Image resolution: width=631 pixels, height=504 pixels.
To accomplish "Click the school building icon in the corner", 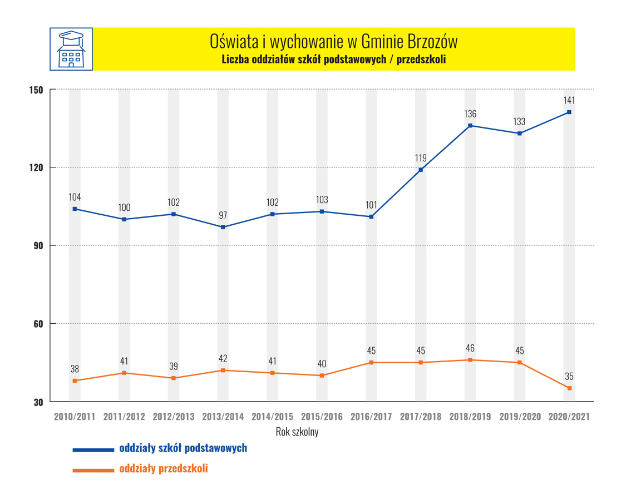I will tap(71, 49).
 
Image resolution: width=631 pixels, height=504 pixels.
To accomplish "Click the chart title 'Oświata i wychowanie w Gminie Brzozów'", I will tap(334, 41).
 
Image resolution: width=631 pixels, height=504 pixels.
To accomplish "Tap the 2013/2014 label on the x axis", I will tap(223, 417).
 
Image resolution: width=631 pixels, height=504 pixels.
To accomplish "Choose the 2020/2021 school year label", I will tap(569, 417).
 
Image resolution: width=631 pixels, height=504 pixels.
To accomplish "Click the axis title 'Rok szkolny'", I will tap(297, 432).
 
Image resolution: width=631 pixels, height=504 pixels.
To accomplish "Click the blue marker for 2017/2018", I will tap(421, 170).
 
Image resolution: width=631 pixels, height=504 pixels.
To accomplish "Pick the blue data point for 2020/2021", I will tap(569, 112).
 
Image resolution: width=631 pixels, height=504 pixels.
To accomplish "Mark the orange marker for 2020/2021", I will tap(569, 388).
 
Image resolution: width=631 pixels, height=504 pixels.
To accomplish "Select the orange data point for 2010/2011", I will tap(75, 381).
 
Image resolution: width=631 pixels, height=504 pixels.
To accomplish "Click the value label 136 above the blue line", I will tap(470, 114).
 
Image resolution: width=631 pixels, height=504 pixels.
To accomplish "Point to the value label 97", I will tap(223, 215).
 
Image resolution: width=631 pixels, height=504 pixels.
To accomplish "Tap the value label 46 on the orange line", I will tap(470, 348).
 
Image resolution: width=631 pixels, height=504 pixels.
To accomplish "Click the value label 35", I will tap(569, 377).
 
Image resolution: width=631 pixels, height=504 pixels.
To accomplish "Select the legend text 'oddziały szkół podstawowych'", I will tap(183, 448).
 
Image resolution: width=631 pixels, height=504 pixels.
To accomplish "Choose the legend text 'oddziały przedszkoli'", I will tap(164, 469).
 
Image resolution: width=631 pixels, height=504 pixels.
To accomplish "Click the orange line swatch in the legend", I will tap(93, 471).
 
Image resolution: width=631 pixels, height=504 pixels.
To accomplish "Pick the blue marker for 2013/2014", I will tap(223, 227).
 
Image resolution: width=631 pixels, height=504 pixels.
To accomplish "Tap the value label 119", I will tap(421, 158).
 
